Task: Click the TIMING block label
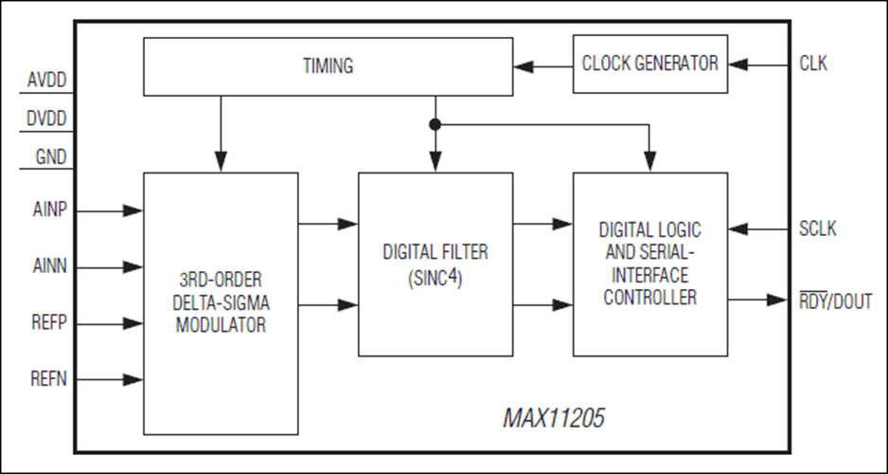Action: [328, 66]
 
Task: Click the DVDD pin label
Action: [45, 120]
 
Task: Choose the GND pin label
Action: [48, 157]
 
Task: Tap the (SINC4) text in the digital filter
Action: [435, 280]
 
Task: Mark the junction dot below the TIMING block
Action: [435, 124]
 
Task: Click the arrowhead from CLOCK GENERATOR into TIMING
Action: [523, 66]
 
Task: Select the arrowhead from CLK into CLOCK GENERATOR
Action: [737, 65]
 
